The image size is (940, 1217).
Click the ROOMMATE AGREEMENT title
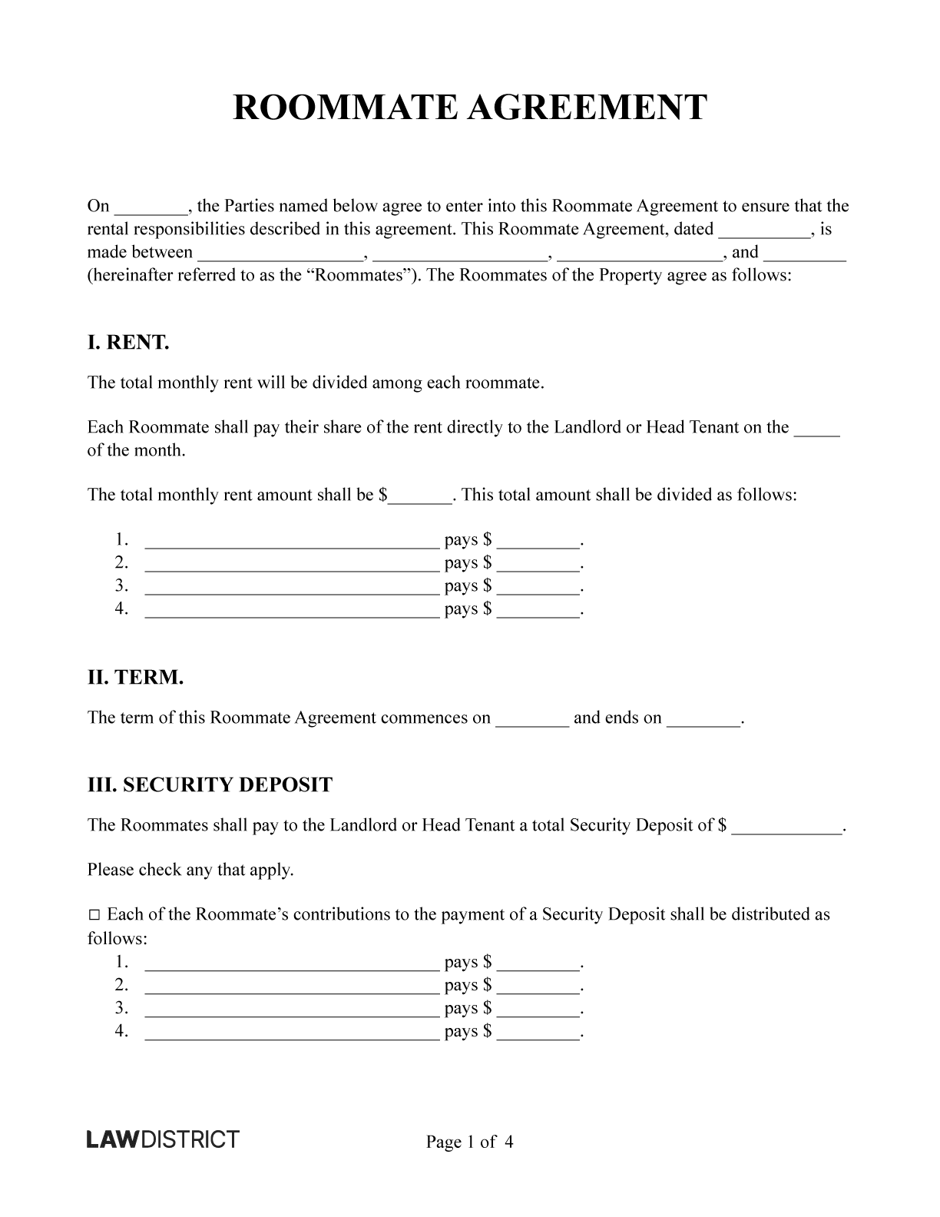click(x=469, y=108)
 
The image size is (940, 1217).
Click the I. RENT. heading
click(x=127, y=343)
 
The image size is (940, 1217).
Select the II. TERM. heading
click(x=135, y=678)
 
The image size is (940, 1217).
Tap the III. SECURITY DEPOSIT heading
click(x=210, y=785)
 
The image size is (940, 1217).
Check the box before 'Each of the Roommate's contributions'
click(x=94, y=915)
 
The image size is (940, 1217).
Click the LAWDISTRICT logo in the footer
click(x=163, y=1139)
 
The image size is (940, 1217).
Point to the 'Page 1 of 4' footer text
click(x=469, y=1142)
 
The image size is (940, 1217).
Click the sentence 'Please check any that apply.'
click(x=190, y=870)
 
